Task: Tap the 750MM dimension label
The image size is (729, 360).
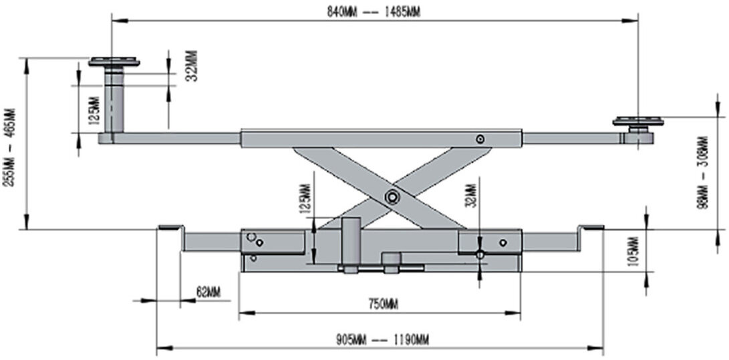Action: (383, 305)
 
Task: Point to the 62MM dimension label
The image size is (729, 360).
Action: (208, 292)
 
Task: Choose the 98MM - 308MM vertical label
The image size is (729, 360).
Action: (702, 173)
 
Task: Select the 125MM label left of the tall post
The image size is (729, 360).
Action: (93, 111)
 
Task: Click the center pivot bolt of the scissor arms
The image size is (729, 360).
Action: (390, 196)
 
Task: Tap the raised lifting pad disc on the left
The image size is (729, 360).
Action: (114, 63)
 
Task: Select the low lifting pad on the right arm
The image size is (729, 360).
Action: (638, 122)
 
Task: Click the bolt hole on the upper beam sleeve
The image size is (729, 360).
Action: (480, 139)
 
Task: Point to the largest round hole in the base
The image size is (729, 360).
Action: (251, 237)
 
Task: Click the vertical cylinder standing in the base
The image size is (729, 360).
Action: (351, 242)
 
